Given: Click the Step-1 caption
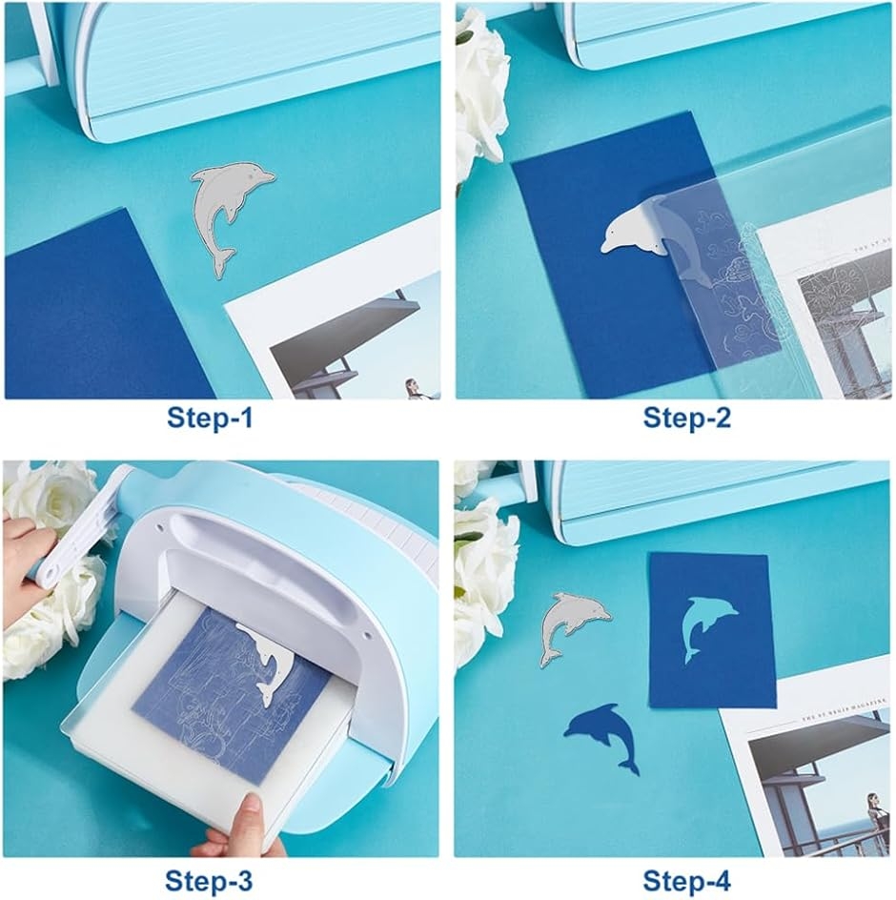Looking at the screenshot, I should (210, 418).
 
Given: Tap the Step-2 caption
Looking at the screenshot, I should (686, 418).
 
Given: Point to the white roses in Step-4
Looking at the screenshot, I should (481, 572).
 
